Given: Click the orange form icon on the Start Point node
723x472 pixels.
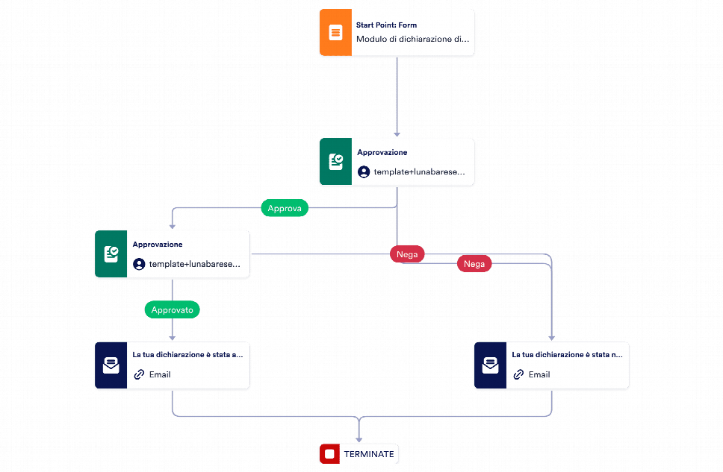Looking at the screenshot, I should pos(335,33).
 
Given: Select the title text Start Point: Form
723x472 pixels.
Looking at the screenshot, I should pos(386,25).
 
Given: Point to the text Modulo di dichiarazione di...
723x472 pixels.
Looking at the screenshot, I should pos(413,40).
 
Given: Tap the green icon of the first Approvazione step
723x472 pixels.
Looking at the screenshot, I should pos(335,162).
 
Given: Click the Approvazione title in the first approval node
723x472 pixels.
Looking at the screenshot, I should pos(382,152).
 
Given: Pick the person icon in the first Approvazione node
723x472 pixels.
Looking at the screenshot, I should pos(364,172).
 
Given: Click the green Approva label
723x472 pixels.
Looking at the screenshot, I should pos(285,209).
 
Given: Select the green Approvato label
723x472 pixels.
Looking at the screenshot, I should pos(172,309).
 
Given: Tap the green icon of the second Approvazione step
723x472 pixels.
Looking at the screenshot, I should pos(111,254).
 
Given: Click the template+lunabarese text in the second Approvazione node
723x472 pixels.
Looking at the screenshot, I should pos(195,264).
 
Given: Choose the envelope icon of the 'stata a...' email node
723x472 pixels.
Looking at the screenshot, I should pos(111,366).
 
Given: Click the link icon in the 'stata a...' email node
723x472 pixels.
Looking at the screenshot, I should pos(139,374).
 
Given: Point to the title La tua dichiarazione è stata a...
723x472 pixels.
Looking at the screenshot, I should pos(187,355).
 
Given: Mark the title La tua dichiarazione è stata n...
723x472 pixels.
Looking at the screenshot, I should pos(567,355).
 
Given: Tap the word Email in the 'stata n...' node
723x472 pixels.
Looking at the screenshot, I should pos(539,374).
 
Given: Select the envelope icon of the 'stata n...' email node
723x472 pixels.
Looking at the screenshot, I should pos(490,366).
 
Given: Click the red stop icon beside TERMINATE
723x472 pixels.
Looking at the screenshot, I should pos(329,453).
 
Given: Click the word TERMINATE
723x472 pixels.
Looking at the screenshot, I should pos(368,454).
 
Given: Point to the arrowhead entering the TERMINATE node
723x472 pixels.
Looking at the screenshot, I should pos(359,440).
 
